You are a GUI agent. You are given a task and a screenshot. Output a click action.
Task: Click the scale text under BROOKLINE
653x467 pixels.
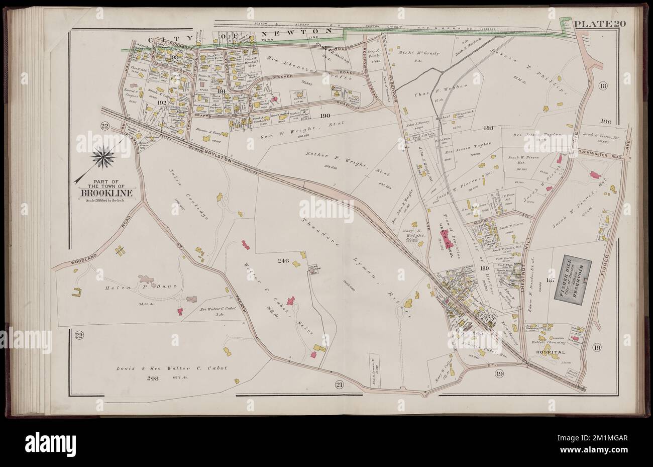104,200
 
